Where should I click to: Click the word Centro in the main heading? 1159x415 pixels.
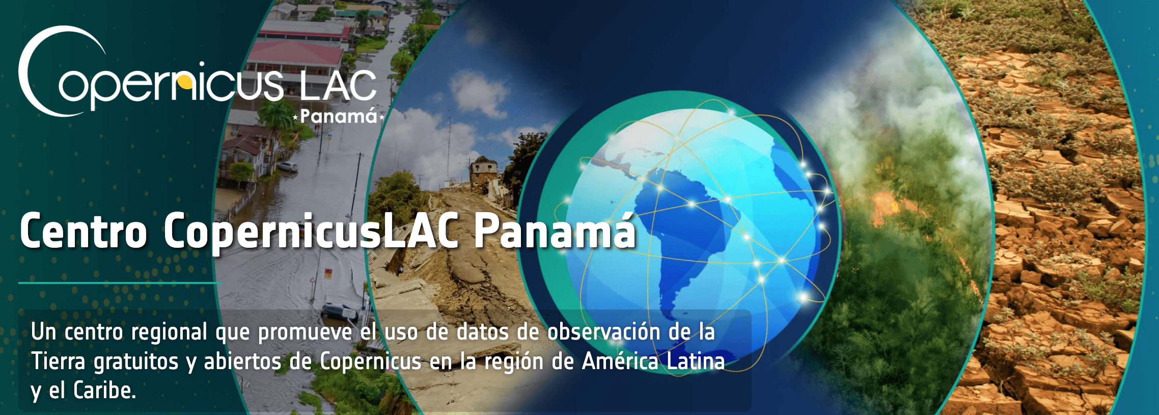(84, 231)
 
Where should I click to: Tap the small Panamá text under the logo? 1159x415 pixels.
(339, 116)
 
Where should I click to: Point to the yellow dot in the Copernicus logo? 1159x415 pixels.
(187, 82)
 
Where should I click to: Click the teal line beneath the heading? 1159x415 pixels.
(120, 282)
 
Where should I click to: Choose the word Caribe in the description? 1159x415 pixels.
(104, 391)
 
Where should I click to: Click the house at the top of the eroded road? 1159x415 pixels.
(484, 170)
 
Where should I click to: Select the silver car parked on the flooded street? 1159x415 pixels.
(287, 166)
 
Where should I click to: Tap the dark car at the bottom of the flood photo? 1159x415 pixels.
(340, 312)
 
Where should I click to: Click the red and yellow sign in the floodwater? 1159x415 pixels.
(328, 273)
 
